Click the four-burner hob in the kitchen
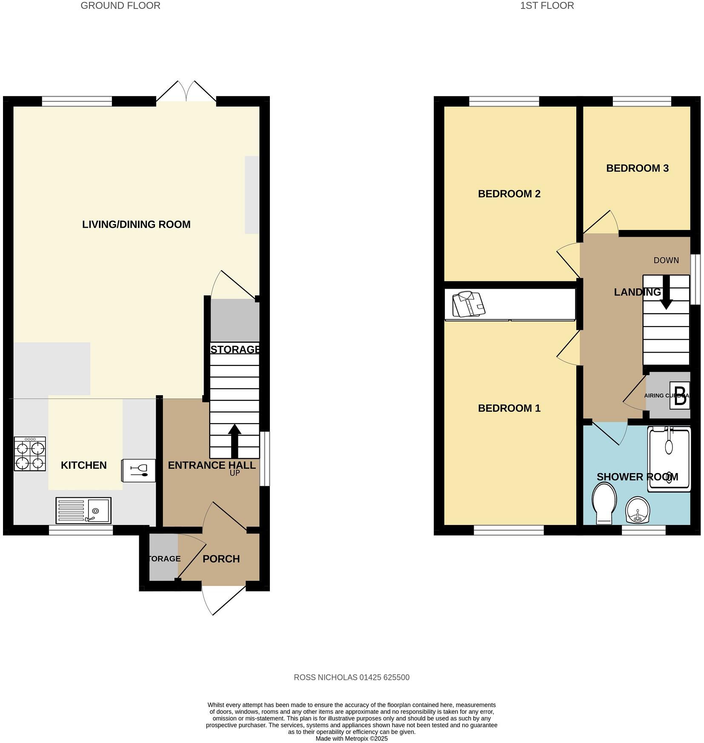coord(30,454)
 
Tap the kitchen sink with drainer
coord(83,510)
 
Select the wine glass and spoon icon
coord(139,470)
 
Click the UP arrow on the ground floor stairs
coord(235,441)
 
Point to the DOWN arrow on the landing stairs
coord(666,293)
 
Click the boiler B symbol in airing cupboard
coord(680,396)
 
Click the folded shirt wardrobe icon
coord(468,304)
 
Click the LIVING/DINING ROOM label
coord(136,224)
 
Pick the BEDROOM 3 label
coord(637,168)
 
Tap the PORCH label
coord(221,559)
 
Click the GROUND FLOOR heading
coord(120,6)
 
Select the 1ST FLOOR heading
coord(547,6)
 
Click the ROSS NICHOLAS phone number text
coord(352,677)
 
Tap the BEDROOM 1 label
coord(509,408)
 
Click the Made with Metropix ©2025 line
coord(352,739)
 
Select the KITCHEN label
coord(84,465)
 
